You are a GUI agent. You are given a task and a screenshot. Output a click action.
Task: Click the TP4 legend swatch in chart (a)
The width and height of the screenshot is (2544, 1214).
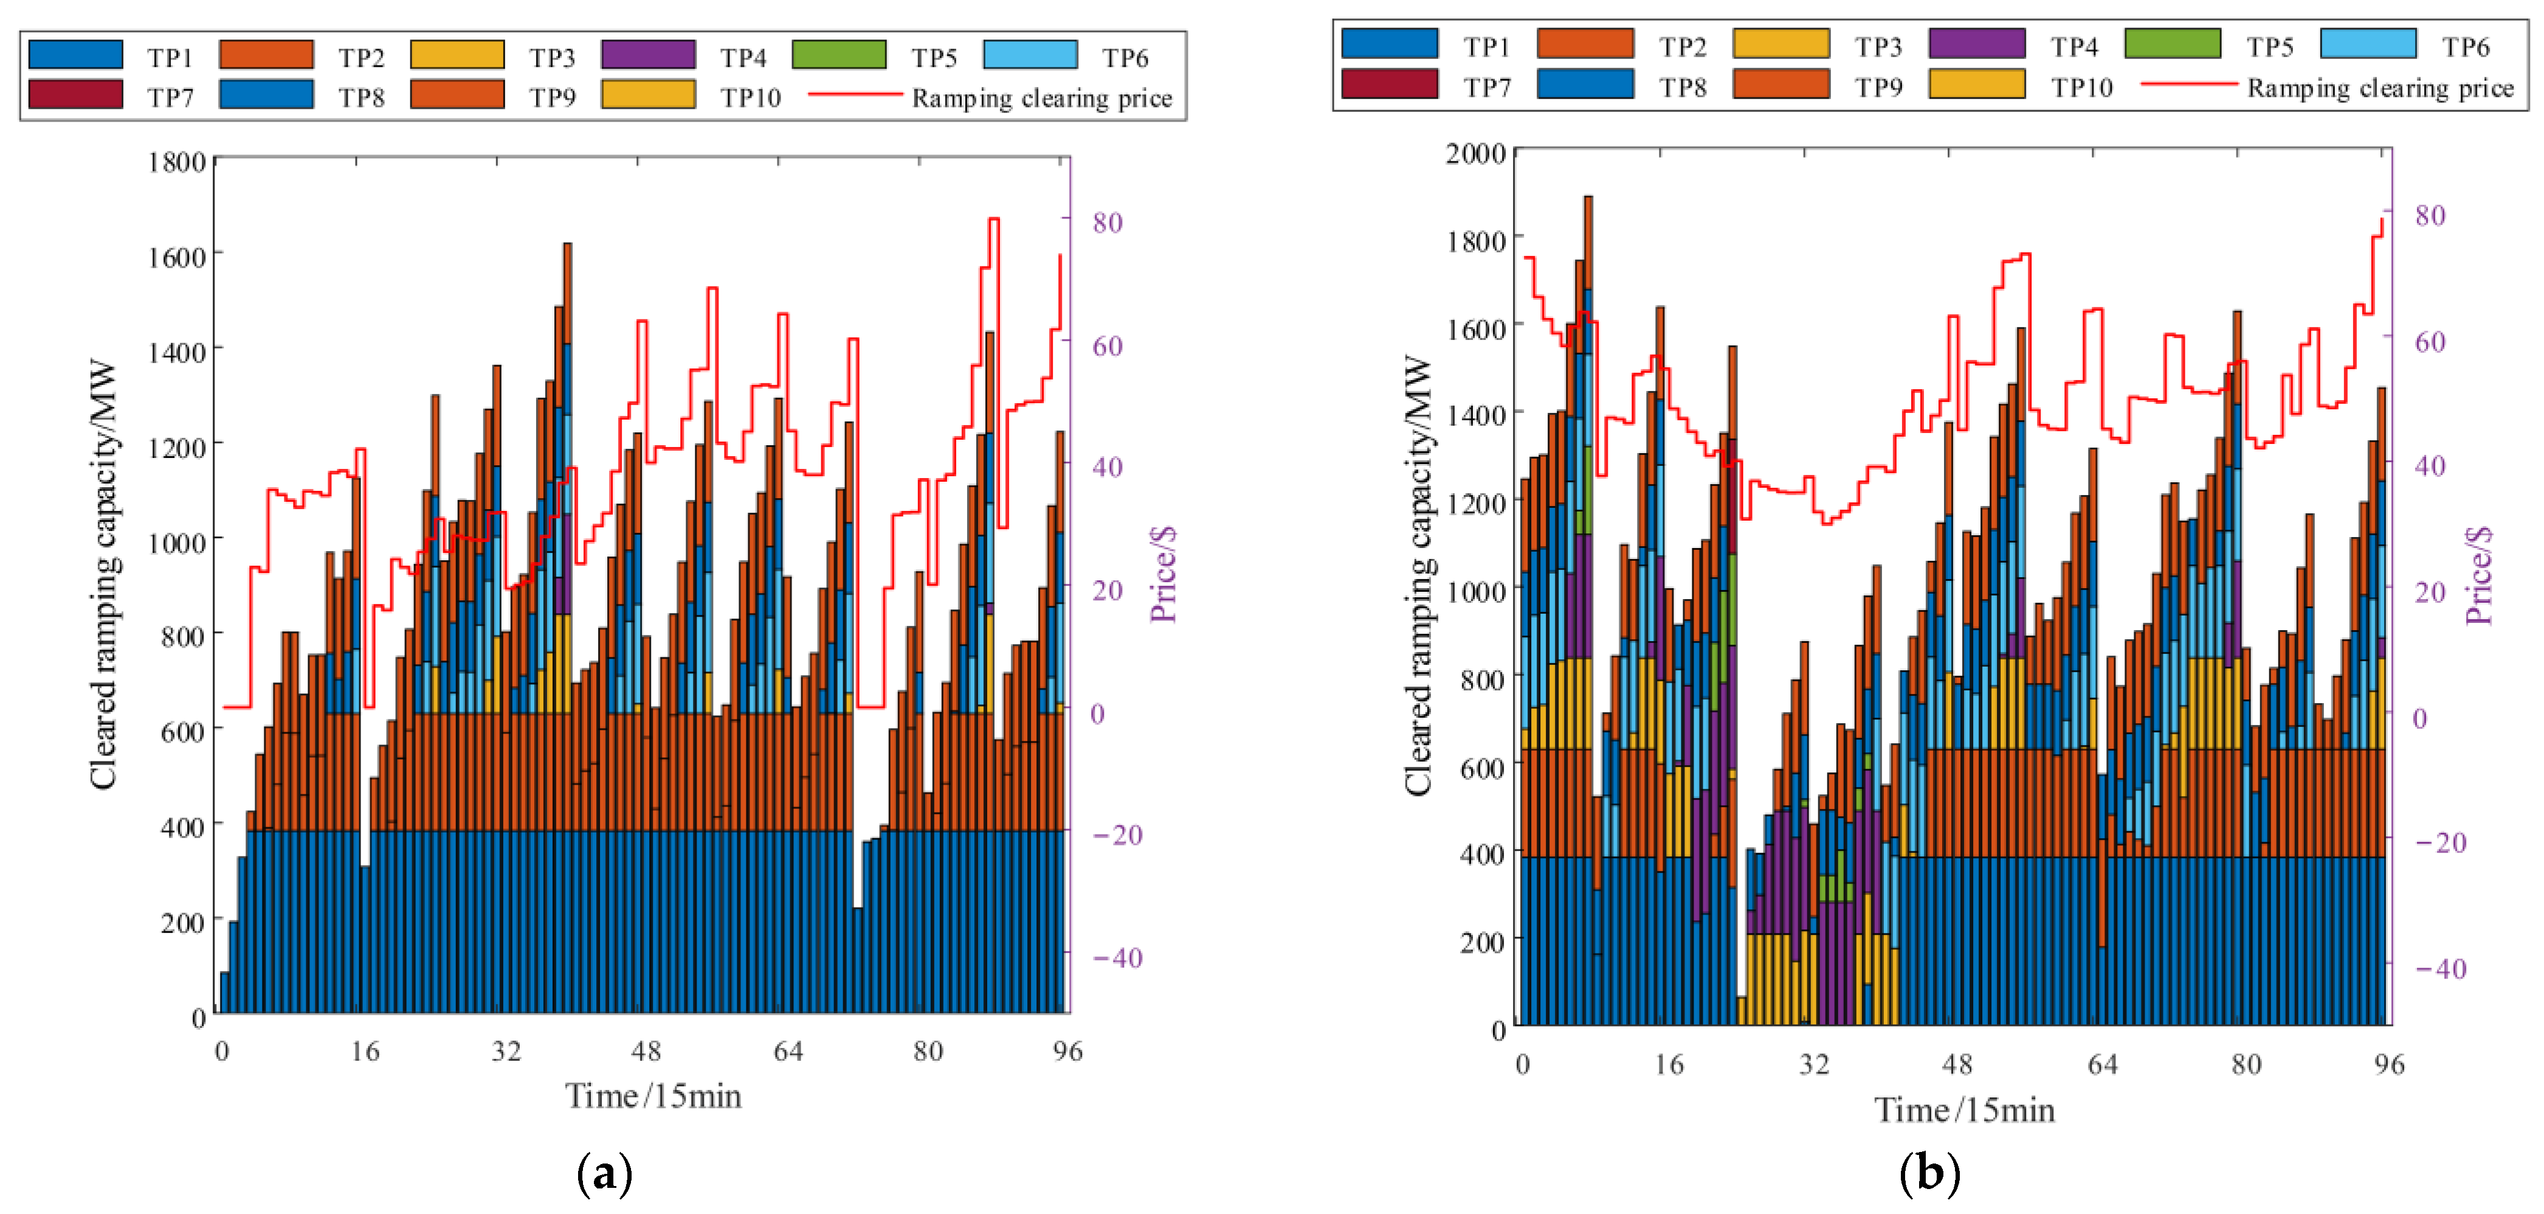648,54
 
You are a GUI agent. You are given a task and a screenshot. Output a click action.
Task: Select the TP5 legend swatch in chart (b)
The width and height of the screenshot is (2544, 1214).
2173,43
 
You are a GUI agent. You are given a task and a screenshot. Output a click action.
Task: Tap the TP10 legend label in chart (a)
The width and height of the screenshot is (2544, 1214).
751,98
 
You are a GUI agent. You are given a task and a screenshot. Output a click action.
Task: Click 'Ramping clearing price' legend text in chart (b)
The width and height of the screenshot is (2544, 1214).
2380,88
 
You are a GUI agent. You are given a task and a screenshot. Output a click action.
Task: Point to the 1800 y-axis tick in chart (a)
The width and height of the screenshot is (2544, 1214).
177,162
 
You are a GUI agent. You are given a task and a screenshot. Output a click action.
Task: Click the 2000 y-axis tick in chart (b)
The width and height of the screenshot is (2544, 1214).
1477,153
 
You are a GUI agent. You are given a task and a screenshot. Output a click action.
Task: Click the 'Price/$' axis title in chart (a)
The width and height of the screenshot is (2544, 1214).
1163,574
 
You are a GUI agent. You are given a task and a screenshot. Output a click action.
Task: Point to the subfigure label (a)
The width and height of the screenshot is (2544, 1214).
604,1173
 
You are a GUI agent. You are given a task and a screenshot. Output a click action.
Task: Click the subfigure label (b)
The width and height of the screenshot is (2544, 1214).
1929,1173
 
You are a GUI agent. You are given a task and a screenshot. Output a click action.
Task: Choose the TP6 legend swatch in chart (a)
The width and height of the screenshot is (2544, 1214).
1030,54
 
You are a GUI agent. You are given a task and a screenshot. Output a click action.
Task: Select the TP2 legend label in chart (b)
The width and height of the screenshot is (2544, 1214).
1683,46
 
